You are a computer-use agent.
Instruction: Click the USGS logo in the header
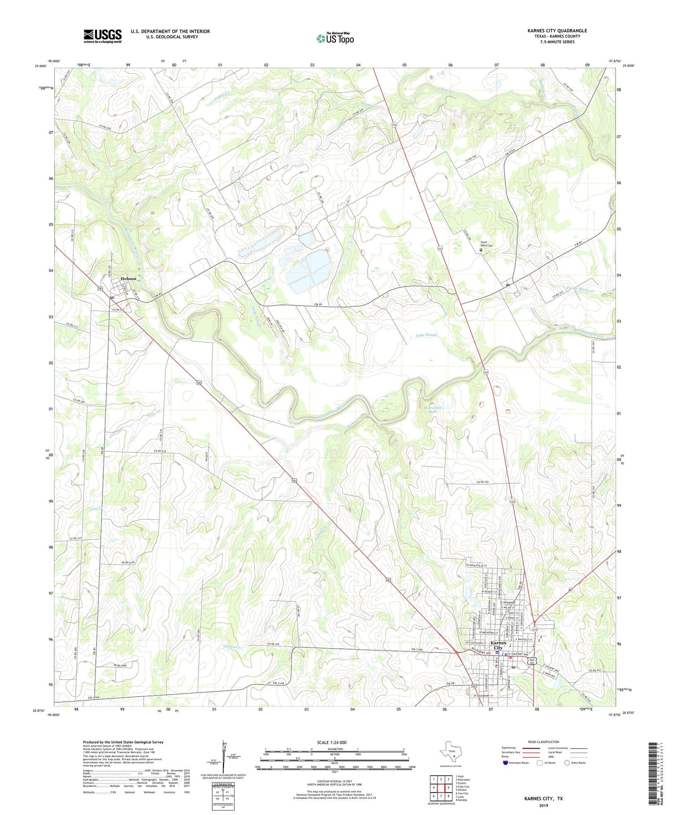tap(102, 36)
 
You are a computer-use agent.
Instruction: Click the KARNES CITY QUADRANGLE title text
tap(557, 31)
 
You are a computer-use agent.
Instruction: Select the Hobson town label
tap(128, 279)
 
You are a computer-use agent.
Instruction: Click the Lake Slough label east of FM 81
tap(426, 335)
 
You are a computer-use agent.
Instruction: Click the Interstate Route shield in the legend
tap(505, 762)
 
